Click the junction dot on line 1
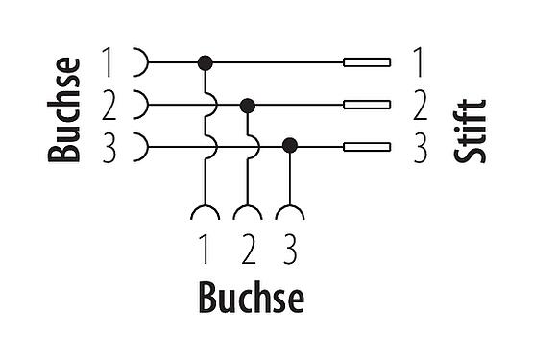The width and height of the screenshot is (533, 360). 205,62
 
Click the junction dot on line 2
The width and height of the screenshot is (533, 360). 248,105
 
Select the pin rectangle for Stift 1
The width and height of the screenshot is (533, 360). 367,62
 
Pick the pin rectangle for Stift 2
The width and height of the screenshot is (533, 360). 367,105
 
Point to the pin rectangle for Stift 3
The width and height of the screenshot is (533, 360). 367,147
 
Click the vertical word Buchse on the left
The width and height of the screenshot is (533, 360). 65,108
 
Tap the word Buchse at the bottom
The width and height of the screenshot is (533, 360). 251,299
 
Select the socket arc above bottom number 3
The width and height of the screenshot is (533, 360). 290,212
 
